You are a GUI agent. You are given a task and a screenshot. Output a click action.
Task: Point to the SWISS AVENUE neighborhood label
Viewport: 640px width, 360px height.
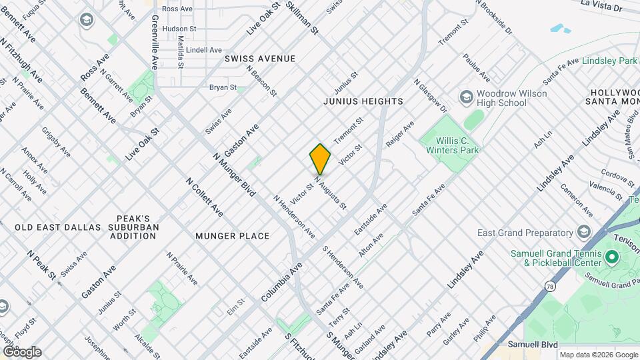click(260, 59)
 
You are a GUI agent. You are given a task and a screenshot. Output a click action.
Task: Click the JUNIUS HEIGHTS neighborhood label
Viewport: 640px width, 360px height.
click(363, 101)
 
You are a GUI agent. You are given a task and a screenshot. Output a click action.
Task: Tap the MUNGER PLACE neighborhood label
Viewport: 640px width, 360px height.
click(233, 236)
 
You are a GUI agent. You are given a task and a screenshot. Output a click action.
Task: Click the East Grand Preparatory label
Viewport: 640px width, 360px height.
click(525, 233)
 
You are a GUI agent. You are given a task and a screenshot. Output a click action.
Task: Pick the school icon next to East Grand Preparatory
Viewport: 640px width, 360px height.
click(584, 232)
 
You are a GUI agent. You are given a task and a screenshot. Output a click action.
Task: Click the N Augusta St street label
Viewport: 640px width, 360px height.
click(331, 193)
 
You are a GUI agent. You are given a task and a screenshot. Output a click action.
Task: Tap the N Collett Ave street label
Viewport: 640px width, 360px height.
click(205, 197)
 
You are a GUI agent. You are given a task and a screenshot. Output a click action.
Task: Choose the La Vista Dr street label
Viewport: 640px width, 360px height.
click(601, 7)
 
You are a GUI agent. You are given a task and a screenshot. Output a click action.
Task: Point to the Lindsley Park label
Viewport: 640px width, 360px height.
click(610, 61)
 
